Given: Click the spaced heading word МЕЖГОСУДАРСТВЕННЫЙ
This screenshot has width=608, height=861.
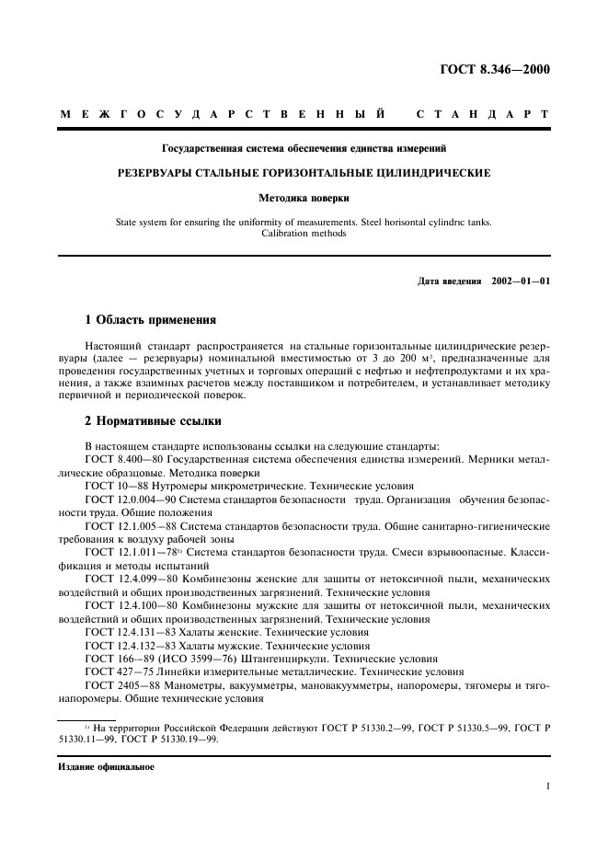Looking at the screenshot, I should pos(223,114).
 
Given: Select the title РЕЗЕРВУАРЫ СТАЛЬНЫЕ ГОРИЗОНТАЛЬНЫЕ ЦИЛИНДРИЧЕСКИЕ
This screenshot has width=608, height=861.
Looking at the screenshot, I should pos(304,172).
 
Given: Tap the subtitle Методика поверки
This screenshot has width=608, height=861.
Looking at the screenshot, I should pos(304,197).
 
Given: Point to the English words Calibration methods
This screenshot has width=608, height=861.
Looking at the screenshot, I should pos(304,234).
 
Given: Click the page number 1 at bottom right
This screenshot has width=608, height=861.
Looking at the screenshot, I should pos(546,786).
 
